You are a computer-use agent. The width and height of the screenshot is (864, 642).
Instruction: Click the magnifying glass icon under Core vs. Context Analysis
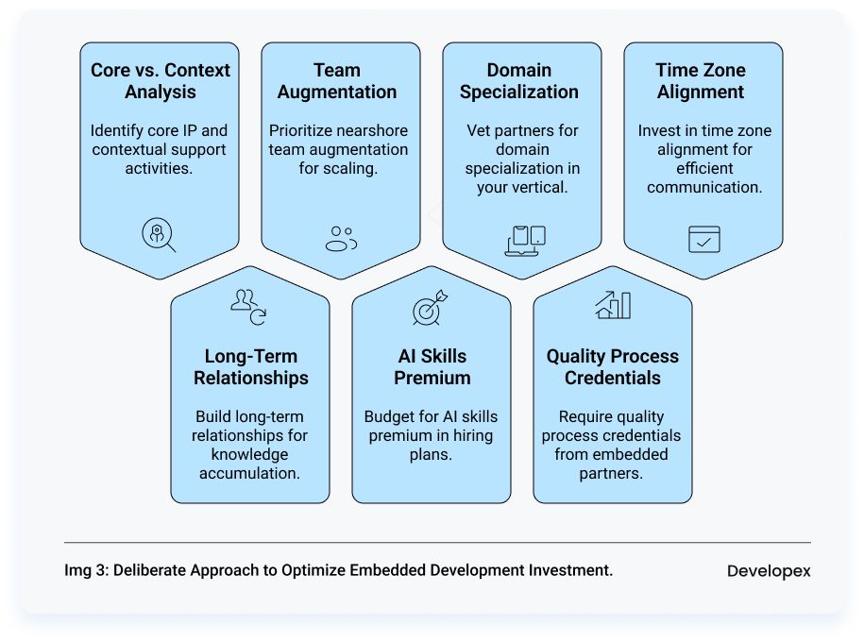(159, 235)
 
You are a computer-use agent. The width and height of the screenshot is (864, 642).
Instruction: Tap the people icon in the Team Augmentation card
(341, 239)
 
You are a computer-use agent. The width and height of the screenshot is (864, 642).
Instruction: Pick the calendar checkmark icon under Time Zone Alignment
(703, 239)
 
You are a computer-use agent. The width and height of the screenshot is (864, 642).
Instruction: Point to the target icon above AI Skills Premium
(430, 309)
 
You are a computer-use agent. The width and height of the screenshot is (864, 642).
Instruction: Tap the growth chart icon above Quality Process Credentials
(613, 305)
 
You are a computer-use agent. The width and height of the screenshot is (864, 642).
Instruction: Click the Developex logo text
(769, 571)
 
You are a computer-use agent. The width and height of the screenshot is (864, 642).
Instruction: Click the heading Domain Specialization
(519, 81)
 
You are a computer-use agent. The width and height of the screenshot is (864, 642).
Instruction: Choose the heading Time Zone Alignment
(701, 81)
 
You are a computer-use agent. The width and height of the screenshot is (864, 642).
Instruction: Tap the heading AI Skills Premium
(432, 367)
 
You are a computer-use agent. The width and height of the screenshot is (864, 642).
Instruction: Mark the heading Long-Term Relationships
(251, 367)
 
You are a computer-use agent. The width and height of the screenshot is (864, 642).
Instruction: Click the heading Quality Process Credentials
(613, 367)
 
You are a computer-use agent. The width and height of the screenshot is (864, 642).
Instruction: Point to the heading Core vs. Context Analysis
(161, 81)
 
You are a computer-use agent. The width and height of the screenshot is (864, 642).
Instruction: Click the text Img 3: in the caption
(86, 570)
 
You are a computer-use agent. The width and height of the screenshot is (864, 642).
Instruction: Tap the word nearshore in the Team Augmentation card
(374, 130)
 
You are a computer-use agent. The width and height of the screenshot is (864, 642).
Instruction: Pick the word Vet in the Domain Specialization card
(480, 130)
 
